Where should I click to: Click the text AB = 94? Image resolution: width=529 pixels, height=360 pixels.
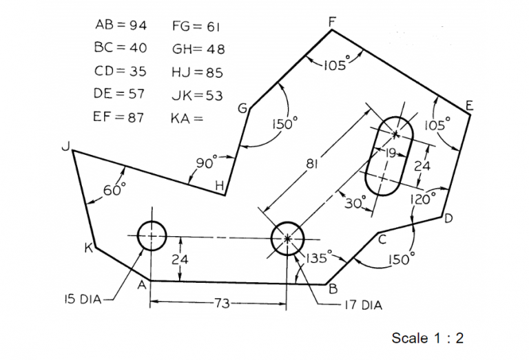[120, 25]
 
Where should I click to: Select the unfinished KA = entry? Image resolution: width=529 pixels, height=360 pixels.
[187, 118]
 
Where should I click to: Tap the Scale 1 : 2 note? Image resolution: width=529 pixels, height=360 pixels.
[427, 338]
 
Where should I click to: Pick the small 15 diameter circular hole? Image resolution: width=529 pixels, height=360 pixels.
[152, 236]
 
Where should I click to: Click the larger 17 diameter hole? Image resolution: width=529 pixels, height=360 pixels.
[288, 239]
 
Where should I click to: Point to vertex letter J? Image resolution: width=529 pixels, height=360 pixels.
[64, 146]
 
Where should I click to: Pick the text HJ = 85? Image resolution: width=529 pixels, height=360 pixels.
[197, 72]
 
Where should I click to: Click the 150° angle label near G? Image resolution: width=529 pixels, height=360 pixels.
[284, 125]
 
